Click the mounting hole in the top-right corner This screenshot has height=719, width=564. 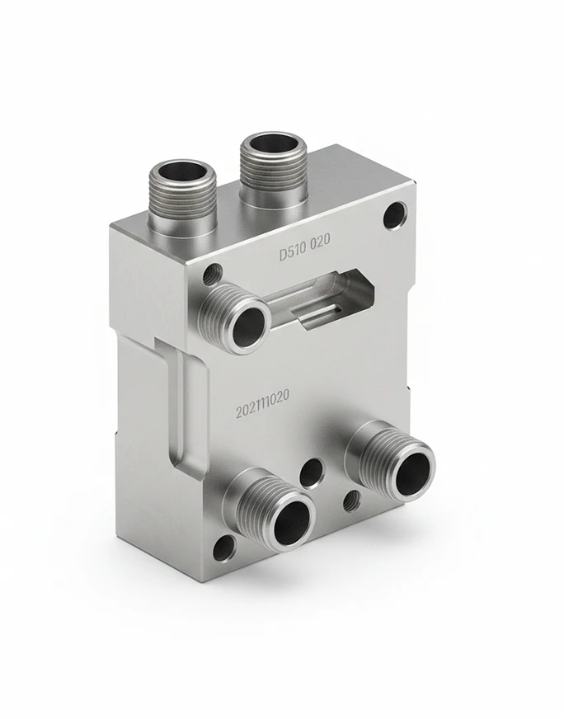tap(394, 216)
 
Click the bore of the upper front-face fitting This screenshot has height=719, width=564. tap(249, 327)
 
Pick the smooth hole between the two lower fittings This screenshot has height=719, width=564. tap(312, 472)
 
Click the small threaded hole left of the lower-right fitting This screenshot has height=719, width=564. tap(350, 500)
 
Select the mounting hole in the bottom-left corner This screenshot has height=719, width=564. tap(223, 547)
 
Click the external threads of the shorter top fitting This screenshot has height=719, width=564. tap(181, 206)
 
